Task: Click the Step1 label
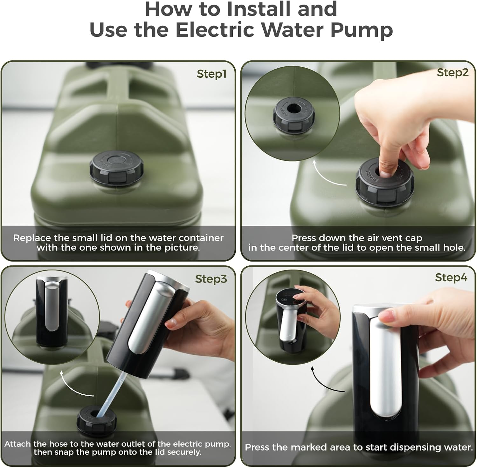click(211, 74)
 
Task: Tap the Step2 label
click(453, 72)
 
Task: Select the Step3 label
click(211, 279)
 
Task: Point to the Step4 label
click(451, 277)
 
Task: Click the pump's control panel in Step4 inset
click(289, 297)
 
